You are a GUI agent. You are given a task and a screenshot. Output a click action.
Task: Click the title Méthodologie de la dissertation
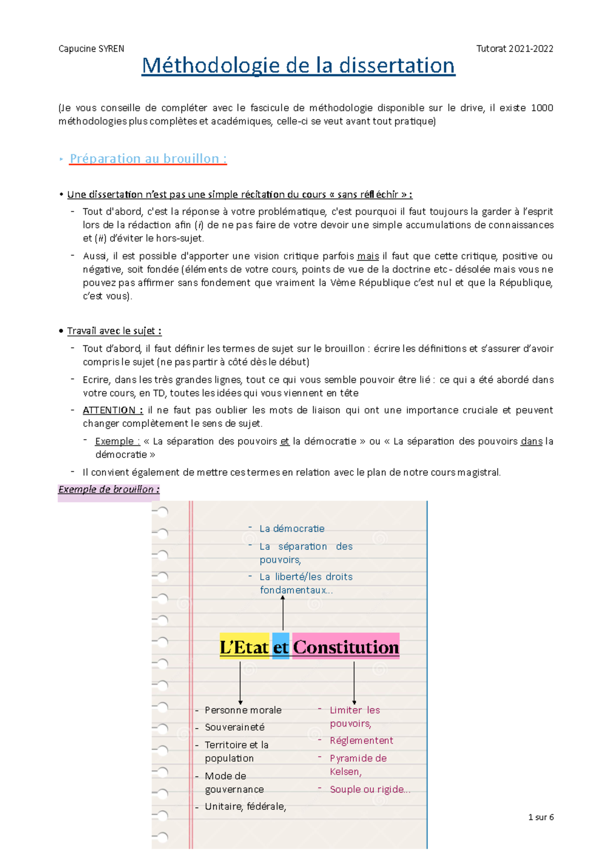[298, 66]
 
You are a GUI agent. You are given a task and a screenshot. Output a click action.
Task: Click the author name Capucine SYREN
[91, 49]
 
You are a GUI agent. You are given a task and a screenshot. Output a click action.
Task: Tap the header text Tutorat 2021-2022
[514, 49]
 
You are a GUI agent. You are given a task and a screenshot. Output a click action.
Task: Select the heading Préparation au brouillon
[148, 159]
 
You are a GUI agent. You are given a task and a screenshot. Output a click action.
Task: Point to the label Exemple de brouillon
[109, 489]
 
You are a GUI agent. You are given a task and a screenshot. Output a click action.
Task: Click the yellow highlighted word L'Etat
[244, 647]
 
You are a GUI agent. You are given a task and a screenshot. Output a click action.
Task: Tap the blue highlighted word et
[280, 647]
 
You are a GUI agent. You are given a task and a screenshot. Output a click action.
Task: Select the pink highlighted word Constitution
[345, 647]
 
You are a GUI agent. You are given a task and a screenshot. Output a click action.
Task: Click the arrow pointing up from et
[283, 613]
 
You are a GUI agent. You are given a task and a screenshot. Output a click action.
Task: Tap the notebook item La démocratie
[292, 528]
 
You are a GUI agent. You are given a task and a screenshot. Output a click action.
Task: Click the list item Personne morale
[243, 710]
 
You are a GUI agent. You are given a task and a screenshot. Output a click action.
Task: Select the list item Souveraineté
[235, 727]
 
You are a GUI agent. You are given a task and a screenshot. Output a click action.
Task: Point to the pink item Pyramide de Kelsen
[358, 764]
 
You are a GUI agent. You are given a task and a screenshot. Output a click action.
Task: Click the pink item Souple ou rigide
[369, 789]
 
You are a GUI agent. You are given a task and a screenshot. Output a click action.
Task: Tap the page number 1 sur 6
[541, 817]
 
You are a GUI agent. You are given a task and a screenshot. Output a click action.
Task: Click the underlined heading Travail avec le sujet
[114, 331]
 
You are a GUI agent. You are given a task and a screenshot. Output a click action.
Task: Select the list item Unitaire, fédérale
[245, 807]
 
